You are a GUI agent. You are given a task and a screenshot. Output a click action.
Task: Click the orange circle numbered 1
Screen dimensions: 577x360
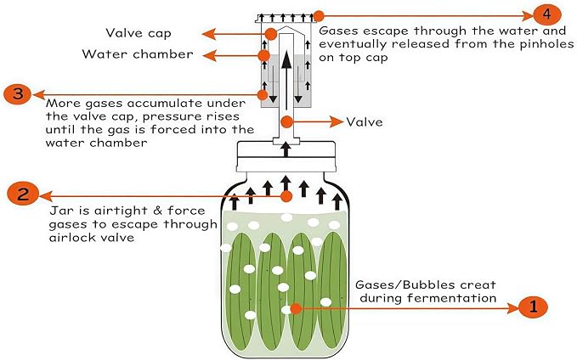point(533,307)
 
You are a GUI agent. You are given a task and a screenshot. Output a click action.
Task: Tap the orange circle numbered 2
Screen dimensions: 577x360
point(23,194)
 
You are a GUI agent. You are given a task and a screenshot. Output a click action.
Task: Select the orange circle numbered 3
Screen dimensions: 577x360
point(18,94)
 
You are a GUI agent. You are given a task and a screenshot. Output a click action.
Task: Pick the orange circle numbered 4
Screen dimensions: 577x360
point(547,14)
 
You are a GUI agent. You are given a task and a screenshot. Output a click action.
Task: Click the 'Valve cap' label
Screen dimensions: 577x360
point(139,33)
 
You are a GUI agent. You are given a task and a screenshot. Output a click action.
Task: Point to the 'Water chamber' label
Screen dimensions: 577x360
point(138,54)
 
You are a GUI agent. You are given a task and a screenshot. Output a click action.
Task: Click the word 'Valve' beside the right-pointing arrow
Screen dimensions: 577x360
point(365,121)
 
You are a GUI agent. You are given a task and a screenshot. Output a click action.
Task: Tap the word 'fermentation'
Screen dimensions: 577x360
point(428,297)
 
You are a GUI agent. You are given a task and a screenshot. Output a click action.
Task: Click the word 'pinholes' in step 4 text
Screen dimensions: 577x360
point(546,44)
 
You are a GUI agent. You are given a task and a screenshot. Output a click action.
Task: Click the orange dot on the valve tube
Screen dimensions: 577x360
point(286,122)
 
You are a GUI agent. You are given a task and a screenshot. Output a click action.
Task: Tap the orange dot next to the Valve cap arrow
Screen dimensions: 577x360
point(270,34)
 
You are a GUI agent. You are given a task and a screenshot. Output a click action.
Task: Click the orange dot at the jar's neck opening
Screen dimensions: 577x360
point(286,196)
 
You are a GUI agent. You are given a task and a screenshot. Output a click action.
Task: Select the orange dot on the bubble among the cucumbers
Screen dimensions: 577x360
point(296,308)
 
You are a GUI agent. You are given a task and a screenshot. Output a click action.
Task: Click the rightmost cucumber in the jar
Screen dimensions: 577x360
point(332,291)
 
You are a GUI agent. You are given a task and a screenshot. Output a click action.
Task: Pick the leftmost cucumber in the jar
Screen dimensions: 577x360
point(240,291)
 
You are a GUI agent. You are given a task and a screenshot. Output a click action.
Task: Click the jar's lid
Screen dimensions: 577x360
point(286,156)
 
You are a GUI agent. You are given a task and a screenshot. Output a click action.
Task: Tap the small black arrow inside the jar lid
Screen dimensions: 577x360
point(286,149)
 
